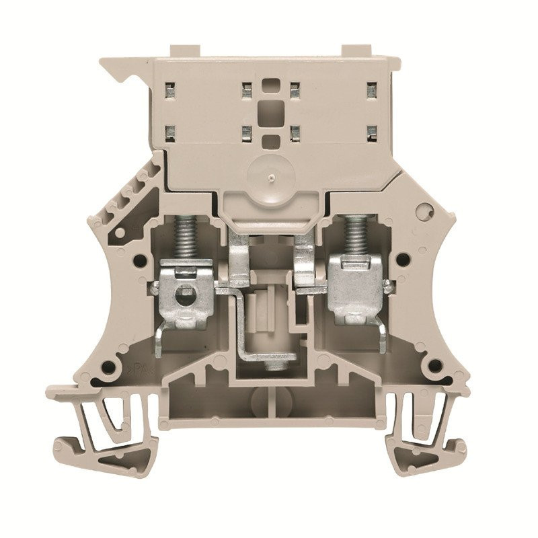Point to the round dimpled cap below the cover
pyautogui.click(x=268, y=176)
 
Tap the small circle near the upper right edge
pyautogui.click(x=423, y=211)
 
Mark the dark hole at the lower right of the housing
pyautogui.click(x=435, y=367)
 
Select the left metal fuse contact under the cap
pyautogui.click(x=238, y=259)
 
